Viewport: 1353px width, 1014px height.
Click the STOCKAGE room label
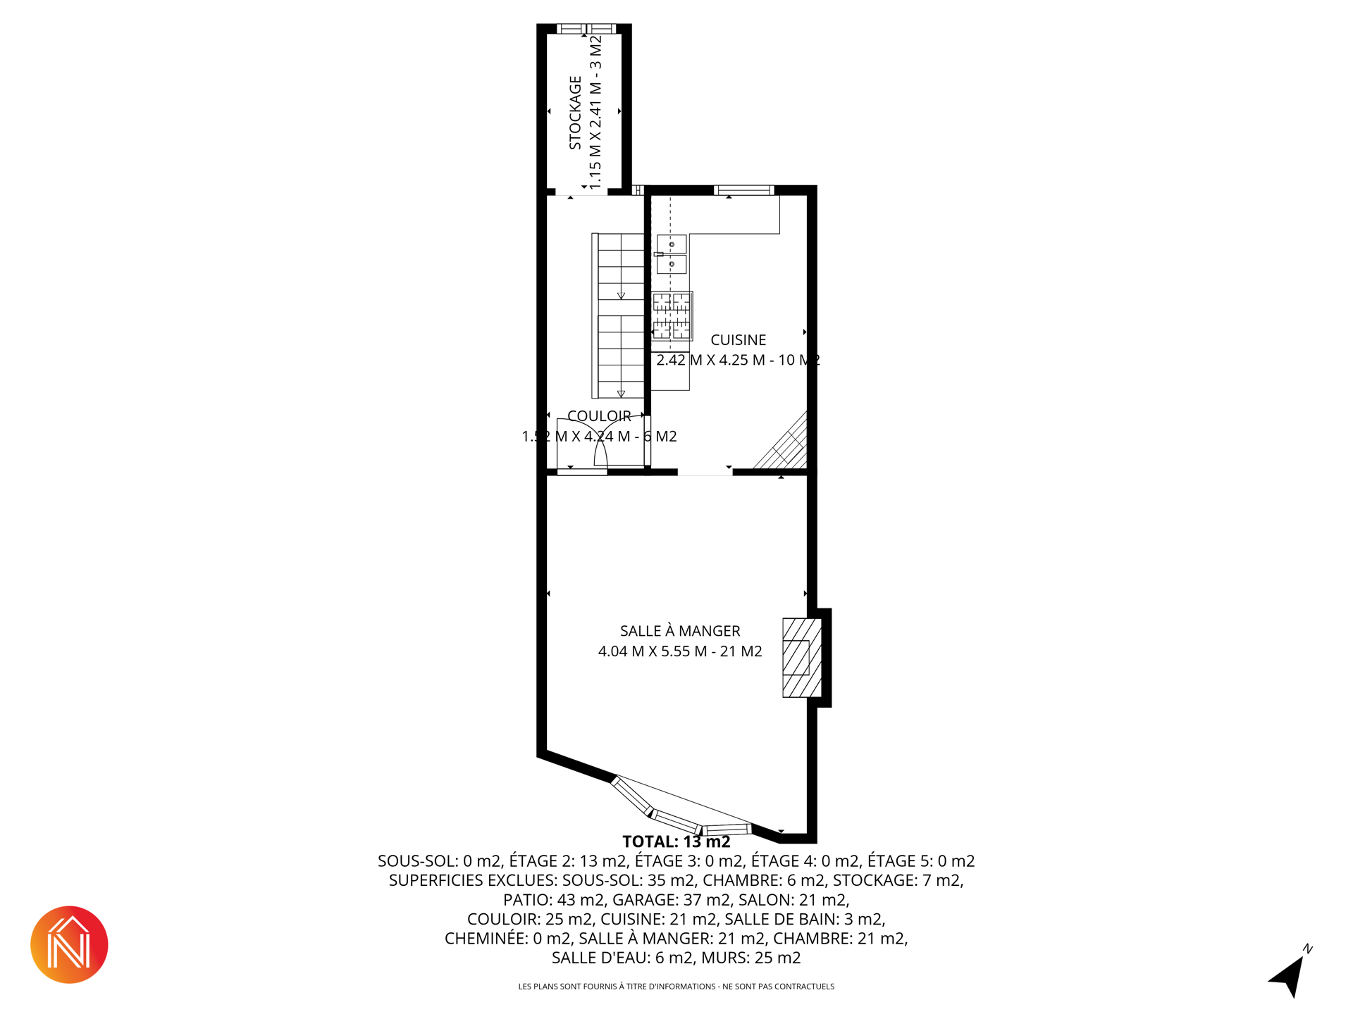575,113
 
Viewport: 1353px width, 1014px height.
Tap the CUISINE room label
738,340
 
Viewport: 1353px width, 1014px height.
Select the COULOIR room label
599,416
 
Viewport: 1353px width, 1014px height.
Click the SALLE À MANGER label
680,631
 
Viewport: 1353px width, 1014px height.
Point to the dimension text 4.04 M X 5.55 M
653,651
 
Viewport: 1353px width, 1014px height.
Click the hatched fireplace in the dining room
802,658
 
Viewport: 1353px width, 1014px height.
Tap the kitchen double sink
672,254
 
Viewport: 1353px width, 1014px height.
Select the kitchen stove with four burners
672,316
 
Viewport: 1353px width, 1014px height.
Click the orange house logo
69,944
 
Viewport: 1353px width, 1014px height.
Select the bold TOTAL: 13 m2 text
676,841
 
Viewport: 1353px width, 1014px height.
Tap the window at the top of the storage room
586,29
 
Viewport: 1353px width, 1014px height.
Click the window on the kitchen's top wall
743,190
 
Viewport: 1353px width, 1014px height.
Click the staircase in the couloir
618,315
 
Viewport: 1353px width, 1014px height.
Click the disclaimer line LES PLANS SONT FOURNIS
676,987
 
